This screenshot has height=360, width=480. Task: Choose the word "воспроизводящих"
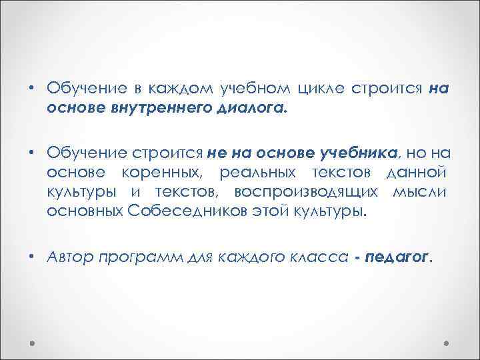tap(305, 193)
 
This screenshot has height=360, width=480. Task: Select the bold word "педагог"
tap(399, 258)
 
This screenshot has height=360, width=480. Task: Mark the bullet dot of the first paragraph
tap(31, 89)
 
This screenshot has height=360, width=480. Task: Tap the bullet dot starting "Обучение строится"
tap(31, 154)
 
